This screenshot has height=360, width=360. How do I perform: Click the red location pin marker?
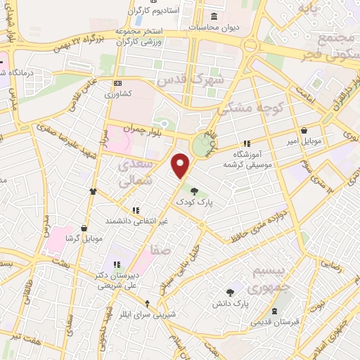181,167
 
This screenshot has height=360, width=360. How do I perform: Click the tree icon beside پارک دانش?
230,292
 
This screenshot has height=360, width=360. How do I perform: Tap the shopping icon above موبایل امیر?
304,130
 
